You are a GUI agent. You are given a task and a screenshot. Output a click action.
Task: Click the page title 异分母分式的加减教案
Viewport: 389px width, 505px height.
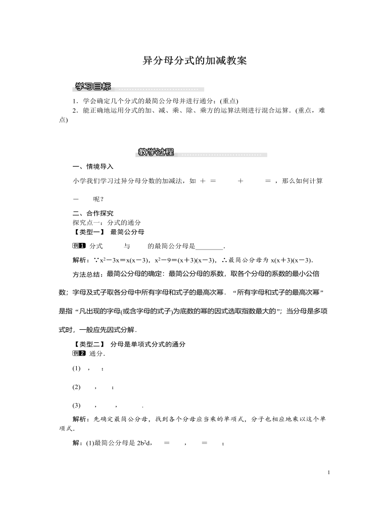tap(194, 61)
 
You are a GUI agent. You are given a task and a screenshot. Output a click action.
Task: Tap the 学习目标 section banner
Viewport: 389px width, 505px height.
tap(93, 86)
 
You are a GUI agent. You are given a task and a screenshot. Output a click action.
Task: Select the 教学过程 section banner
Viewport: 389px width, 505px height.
tap(156, 152)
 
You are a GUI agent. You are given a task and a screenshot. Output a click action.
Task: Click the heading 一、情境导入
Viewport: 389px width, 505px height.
tap(93, 167)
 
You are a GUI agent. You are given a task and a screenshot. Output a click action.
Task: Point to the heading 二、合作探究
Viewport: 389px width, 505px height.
tap(93, 213)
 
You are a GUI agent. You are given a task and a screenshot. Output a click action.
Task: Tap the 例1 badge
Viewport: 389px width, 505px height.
tap(79, 246)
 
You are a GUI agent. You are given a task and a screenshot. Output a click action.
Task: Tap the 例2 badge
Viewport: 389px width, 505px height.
tap(79, 353)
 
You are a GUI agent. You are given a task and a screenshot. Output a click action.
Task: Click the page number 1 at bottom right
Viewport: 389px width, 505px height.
tap(328, 472)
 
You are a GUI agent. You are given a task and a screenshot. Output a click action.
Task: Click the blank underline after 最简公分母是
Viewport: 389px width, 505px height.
tap(209, 246)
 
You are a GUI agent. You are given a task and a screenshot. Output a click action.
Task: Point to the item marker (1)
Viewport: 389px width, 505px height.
tap(77, 369)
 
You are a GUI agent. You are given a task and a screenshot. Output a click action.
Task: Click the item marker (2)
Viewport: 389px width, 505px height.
tap(77, 387)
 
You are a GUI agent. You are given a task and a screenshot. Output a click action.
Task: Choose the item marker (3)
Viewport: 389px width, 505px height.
tap(77, 405)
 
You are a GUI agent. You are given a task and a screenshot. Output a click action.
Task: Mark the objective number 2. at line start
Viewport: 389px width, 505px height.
tap(75, 110)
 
